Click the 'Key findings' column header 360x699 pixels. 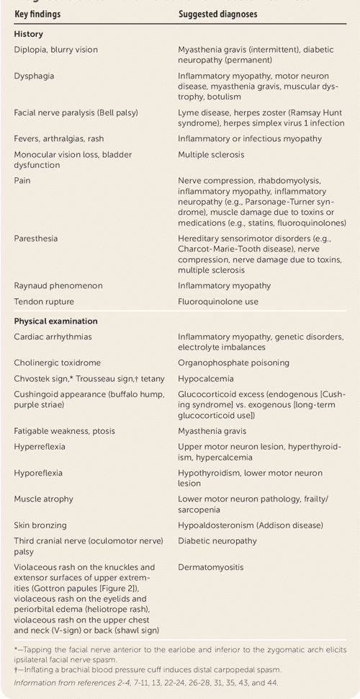click(37, 14)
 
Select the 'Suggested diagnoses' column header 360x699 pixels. click(217, 14)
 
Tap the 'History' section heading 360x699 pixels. click(28, 34)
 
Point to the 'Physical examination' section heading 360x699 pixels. click(55, 321)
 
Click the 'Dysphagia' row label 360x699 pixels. click(34, 76)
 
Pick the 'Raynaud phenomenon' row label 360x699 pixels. click(58, 285)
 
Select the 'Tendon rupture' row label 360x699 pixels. click(44, 302)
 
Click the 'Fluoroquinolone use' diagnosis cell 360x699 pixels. click(218, 302)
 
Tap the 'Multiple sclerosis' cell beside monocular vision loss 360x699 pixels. click(211, 154)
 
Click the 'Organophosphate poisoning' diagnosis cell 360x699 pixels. click(233, 362)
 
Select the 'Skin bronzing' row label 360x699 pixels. click(40, 525)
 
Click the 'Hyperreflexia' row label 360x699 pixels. click(39, 447)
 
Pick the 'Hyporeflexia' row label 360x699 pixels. click(38, 473)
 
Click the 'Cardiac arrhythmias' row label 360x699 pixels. click(53, 337)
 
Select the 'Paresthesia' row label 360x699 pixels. click(36, 238)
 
